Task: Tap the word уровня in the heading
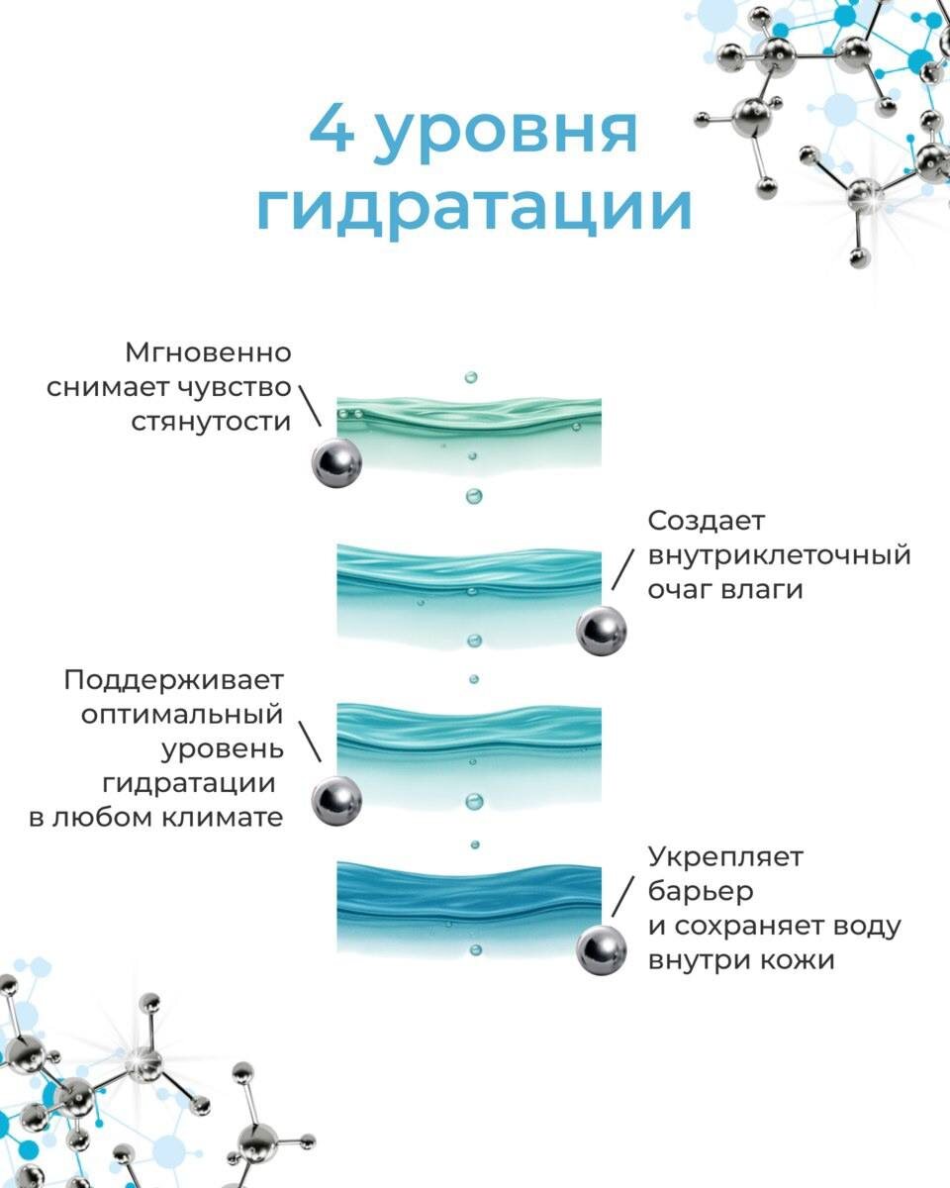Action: click(506, 134)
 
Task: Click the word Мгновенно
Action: click(209, 353)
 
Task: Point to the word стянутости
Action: click(212, 422)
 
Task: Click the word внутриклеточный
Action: click(779, 555)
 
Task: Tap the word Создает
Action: click(707, 521)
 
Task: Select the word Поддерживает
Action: click(174, 681)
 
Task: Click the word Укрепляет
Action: click(712, 856)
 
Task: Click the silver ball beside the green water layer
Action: click(337, 462)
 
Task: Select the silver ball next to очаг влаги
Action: click(602, 631)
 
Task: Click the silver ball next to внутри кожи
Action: click(602, 950)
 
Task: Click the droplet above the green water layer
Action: click(471, 377)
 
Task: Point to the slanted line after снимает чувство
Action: click(310, 405)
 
